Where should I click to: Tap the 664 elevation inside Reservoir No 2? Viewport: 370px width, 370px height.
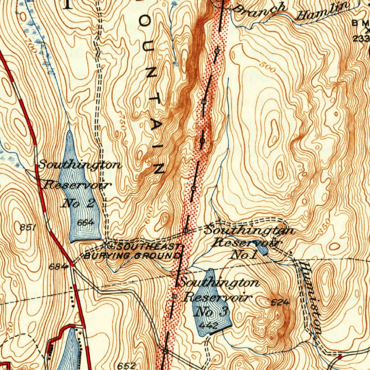point(86,223)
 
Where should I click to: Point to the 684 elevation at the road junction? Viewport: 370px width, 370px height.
point(58,267)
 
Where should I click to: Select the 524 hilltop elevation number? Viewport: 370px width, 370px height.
point(280,303)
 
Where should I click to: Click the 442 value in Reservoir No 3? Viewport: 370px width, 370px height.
point(208,326)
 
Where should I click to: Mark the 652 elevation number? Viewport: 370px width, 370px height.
point(127,365)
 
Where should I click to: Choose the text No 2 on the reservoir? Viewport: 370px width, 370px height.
point(79,203)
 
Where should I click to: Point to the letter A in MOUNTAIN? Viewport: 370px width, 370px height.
point(156,124)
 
